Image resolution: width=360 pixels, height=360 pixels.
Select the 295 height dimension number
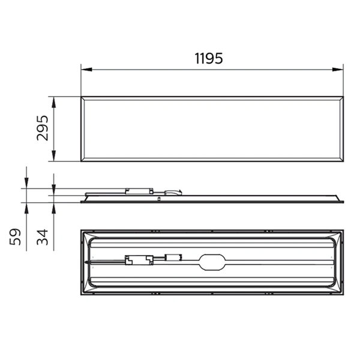pyautogui.click(x=43, y=128)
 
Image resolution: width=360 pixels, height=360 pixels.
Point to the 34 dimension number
pyautogui.click(x=42, y=236)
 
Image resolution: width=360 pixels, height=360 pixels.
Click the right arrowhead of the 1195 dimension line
pyautogui.click(x=341, y=69)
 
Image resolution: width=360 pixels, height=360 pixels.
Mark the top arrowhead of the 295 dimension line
pyautogui.click(x=54, y=100)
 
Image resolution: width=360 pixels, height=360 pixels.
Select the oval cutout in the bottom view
pyautogui.click(x=211, y=262)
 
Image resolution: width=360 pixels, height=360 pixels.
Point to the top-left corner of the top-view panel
pyautogui.click(x=82, y=97)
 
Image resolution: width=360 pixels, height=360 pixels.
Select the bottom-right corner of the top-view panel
pyautogui.click(x=344, y=161)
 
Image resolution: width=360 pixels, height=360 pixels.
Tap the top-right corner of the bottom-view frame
pyautogui.click(x=344, y=230)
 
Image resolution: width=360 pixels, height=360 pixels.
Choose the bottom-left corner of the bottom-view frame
pyautogui.click(x=82, y=294)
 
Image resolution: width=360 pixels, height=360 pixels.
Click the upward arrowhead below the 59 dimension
pyautogui.click(x=26, y=206)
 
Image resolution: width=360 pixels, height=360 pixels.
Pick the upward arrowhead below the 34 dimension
pyautogui.click(x=54, y=206)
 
